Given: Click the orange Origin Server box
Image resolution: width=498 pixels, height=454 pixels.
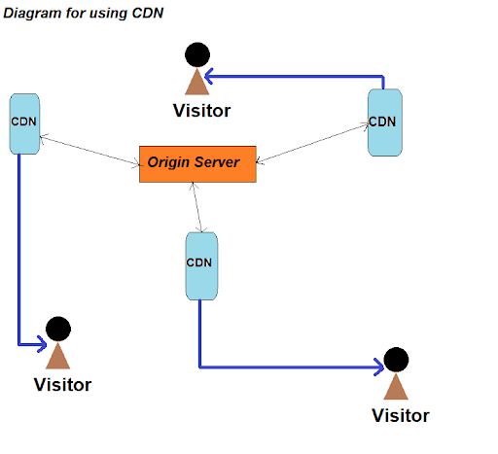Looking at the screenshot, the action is point(197,164).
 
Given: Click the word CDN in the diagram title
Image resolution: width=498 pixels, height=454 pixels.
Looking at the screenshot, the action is point(148,13).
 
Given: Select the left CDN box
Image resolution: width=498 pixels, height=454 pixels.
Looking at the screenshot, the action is point(24,123).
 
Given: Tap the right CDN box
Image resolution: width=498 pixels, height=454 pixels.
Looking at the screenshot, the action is point(385,122).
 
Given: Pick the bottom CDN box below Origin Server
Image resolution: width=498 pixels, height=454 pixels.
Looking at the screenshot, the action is point(201,266).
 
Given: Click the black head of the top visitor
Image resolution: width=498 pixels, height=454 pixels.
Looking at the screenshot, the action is point(197,54).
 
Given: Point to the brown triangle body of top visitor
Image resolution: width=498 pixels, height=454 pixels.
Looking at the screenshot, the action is point(197,82).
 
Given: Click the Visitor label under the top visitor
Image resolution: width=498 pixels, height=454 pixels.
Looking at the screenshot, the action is point(201,111).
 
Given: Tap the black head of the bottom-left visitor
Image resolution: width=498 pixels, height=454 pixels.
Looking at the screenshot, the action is point(58,329).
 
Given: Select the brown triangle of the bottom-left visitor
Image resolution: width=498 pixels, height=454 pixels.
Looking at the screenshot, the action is point(58,356).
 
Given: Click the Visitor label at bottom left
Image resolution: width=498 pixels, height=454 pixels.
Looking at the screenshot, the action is point(62,385).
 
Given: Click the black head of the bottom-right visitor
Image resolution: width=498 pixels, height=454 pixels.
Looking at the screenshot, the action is point(396,360).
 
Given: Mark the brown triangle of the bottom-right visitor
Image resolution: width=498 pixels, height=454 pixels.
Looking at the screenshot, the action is point(396,387).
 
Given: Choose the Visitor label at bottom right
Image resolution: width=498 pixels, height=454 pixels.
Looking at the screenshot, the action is point(401,416).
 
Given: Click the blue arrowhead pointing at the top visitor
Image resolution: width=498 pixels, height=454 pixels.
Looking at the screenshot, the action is point(209,77).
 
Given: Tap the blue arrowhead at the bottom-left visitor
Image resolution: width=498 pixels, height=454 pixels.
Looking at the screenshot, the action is point(43,344).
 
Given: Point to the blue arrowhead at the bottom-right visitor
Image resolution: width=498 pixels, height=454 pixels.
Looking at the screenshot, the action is point(379,367).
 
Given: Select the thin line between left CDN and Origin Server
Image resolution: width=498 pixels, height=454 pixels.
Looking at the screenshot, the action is point(89,151).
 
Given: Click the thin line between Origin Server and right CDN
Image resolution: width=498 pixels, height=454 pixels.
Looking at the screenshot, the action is point(312,143).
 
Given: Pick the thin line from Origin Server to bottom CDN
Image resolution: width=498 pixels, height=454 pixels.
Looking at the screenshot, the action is point(197,207).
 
